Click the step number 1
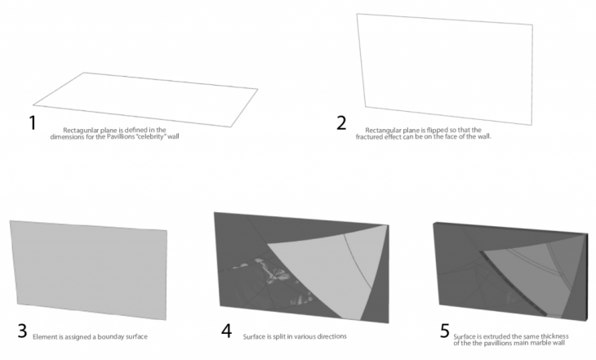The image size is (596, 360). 33,123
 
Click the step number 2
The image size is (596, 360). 341,123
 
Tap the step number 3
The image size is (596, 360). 22,331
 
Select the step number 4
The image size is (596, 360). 226,331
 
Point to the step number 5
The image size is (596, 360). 445,331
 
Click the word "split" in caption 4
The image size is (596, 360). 278,336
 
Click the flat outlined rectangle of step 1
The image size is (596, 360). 145,100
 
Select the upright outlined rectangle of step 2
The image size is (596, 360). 444,69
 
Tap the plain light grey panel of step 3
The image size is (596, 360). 88,270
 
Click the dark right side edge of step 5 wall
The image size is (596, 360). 586,278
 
